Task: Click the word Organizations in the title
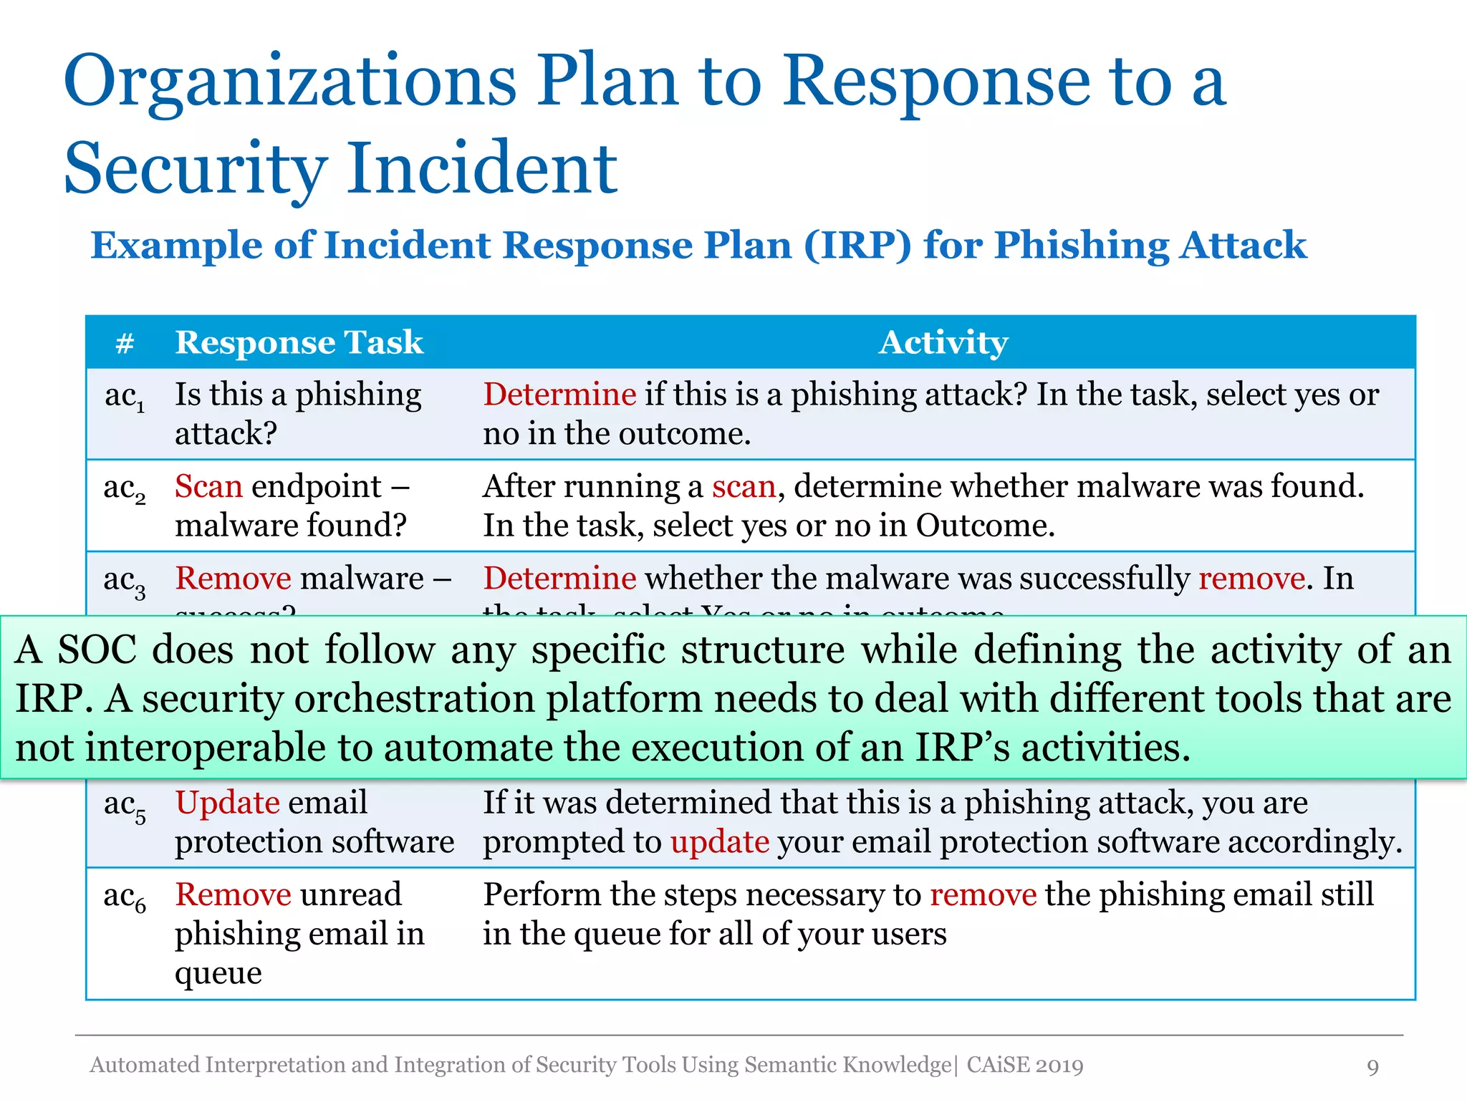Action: click(x=289, y=82)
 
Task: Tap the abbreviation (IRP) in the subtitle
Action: click(x=857, y=246)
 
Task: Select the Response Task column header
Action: click(x=299, y=342)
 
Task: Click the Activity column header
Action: click(x=943, y=342)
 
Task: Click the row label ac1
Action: click(x=125, y=397)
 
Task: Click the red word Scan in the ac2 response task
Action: click(x=208, y=487)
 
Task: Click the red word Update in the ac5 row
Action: click(x=227, y=803)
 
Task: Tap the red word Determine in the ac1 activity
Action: click(x=559, y=395)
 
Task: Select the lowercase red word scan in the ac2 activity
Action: click(x=744, y=487)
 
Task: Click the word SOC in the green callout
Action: click(x=97, y=650)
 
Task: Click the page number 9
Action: click(x=1372, y=1067)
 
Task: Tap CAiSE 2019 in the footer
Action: click(x=1024, y=1066)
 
